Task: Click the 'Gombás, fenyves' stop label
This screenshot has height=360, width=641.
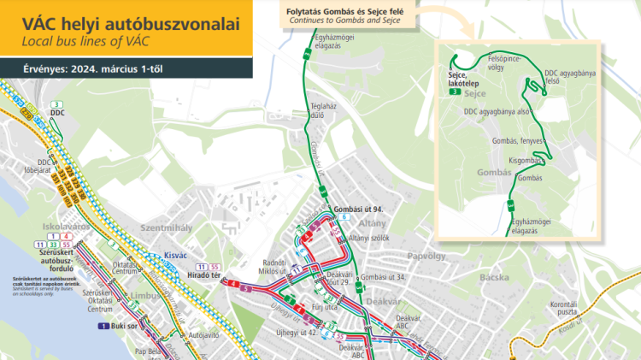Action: (x=518, y=140)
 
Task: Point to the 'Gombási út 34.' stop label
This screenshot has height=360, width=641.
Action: (x=383, y=278)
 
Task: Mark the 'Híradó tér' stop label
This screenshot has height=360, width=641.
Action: (x=203, y=275)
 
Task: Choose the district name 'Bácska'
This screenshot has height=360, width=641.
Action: (x=494, y=278)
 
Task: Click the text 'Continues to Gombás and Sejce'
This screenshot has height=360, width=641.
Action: (x=344, y=19)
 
